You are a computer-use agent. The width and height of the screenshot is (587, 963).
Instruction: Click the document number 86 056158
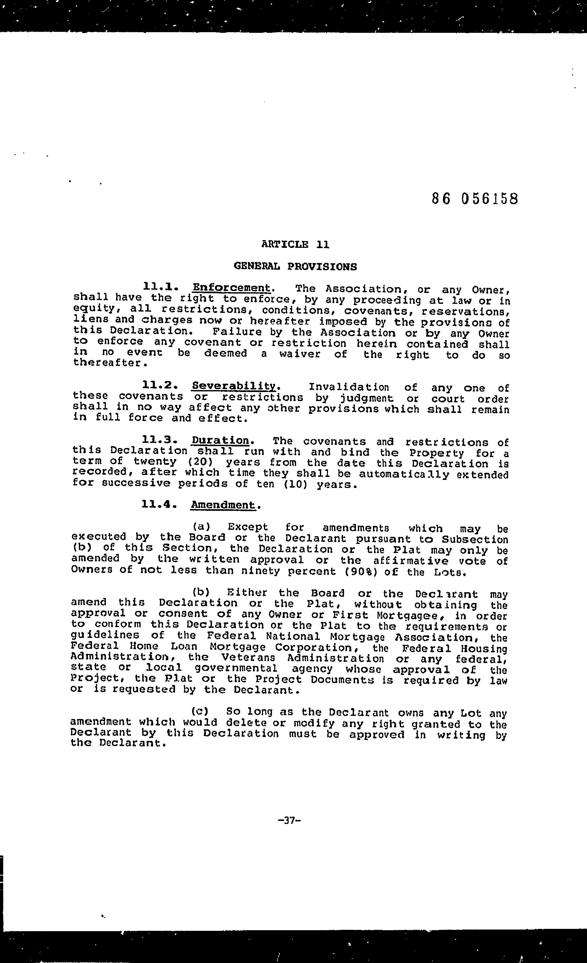(x=475, y=199)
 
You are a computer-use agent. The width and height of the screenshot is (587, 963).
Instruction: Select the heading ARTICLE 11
(x=295, y=245)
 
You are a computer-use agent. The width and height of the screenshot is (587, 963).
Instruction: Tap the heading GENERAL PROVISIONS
(x=295, y=266)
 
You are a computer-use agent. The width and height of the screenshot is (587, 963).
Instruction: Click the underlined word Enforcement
(x=231, y=288)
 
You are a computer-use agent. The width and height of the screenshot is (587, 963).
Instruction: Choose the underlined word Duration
(x=220, y=440)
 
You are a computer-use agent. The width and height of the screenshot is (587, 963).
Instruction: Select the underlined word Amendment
(x=223, y=505)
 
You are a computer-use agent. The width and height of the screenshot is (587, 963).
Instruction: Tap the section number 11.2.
(x=160, y=385)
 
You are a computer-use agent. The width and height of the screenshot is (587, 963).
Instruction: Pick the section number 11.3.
(x=160, y=440)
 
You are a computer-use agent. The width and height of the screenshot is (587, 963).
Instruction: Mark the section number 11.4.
(x=159, y=505)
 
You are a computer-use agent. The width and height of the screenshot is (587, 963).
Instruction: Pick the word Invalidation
(x=349, y=387)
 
